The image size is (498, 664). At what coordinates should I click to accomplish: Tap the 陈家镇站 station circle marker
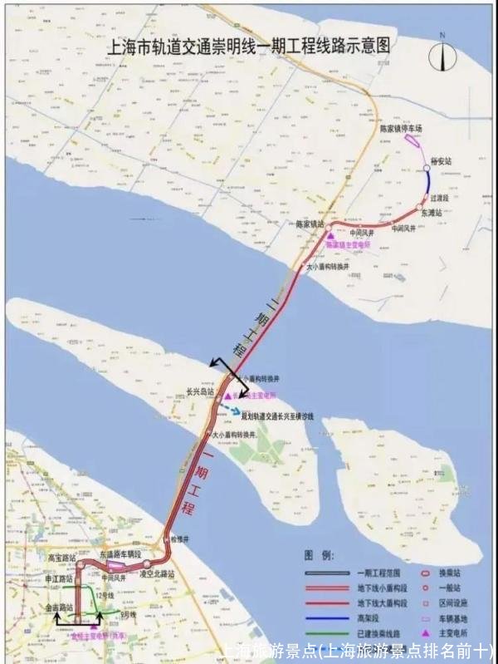pos(329,226)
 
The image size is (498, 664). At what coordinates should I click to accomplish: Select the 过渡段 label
pos(439,199)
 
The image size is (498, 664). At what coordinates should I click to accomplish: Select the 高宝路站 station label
pos(62,558)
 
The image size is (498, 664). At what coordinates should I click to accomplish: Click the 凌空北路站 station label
pos(156,574)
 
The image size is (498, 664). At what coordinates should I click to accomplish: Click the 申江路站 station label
pos(58,577)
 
